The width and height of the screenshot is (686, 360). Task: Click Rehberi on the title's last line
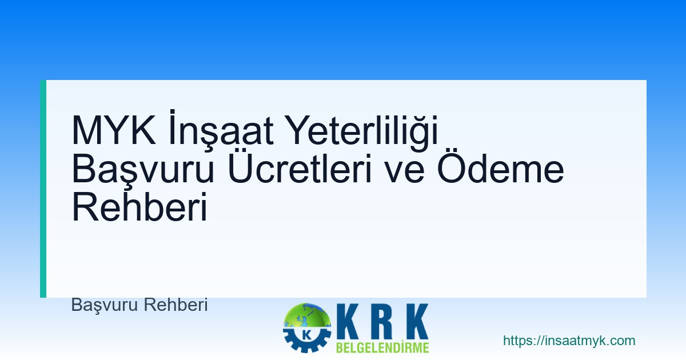pyautogui.click(x=139, y=209)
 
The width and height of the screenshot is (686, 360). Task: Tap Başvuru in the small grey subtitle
pyautogui.click(x=105, y=305)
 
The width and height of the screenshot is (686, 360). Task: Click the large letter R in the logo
pyautogui.click(x=382, y=321)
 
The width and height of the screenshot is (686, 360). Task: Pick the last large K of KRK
pyautogui.click(x=413, y=321)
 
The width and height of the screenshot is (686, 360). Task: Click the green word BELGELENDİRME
pyautogui.click(x=382, y=347)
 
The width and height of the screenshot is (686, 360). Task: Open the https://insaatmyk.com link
pyautogui.click(x=569, y=341)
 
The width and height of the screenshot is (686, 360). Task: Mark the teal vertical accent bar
pyautogui.click(x=43, y=189)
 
